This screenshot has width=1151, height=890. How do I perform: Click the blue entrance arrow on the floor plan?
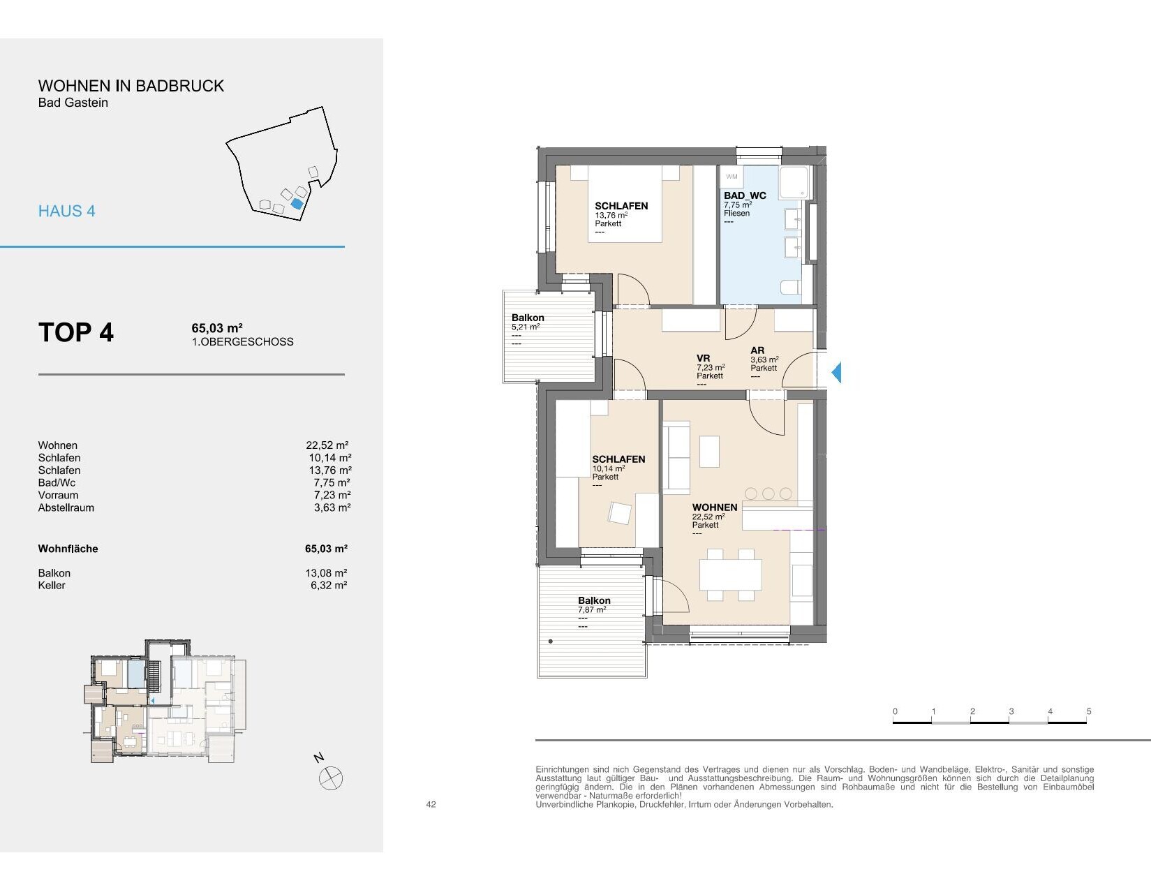click(837, 372)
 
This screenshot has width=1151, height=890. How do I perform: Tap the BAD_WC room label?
click(745, 195)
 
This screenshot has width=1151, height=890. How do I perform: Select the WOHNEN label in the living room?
click(715, 507)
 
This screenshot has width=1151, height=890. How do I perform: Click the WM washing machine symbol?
click(732, 177)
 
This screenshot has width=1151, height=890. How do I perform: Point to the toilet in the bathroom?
click(789, 287)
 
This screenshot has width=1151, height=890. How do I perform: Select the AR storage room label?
click(757, 350)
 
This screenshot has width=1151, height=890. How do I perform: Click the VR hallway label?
click(704, 358)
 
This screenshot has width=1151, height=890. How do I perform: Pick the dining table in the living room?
click(730, 574)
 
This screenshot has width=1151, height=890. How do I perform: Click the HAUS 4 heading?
click(67, 212)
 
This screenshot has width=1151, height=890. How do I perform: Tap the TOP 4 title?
click(76, 332)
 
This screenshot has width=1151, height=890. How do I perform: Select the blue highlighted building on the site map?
click(297, 203)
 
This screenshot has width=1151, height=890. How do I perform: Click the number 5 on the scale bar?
click(1089, 711)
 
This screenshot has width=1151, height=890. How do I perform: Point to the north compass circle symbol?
click(331, 778)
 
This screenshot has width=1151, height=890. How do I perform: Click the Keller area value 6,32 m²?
click(329, 585)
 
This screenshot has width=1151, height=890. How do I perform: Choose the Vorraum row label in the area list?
click(58, 495)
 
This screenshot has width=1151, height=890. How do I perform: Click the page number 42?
click(431, 804)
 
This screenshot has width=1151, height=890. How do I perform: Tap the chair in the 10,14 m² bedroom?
click(620, 512)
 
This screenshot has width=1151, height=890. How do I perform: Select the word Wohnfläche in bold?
click(68, 549)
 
